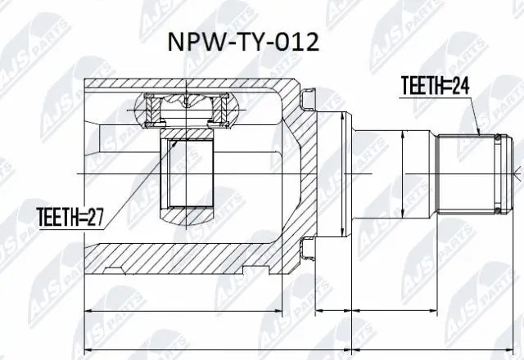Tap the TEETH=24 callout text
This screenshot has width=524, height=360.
pos(433,83)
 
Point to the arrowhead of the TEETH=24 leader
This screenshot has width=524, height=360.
pos(477,133)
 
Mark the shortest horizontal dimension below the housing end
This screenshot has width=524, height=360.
pos(333,311)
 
